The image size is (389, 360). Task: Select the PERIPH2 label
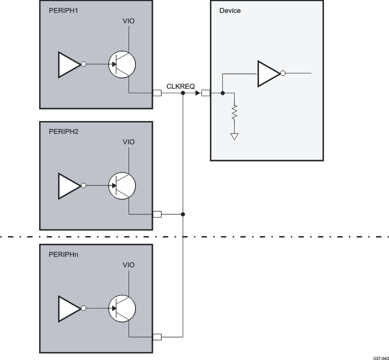pos(64,132)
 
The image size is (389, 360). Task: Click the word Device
pos(230,10)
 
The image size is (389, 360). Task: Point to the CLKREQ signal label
pos(180,87)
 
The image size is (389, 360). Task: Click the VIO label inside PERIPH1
pos(129,21)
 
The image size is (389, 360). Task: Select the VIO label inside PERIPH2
pos(129,142)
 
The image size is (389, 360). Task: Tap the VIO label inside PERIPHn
pos(129,265)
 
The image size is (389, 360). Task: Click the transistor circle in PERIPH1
pos(122,64)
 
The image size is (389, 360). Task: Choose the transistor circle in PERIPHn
pos(122,308)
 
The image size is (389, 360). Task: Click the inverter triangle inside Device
pos(268,73)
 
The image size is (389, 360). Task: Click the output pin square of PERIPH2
pos(157,214)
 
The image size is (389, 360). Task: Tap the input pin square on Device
pos(205,93)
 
